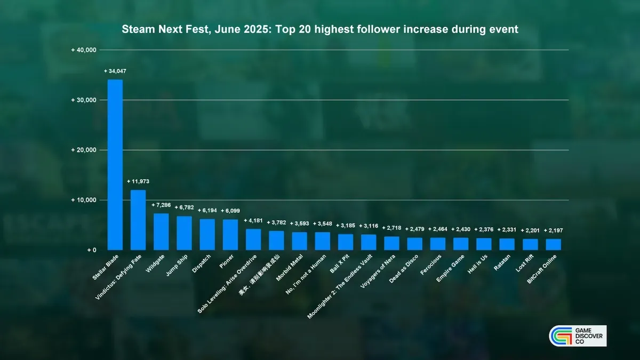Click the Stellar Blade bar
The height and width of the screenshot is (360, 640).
(115, 164)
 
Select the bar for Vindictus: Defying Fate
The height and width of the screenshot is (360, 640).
(138, 220)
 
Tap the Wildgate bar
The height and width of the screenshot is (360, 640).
(161, 231)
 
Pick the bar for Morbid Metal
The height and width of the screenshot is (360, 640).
(299, 241)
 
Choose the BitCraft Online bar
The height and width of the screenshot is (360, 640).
(553, 244)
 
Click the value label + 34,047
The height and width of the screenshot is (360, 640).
(115, 71)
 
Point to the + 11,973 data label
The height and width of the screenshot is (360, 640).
(138, 181)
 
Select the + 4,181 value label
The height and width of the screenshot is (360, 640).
(253, 220)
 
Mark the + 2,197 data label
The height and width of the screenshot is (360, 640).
(553, 230)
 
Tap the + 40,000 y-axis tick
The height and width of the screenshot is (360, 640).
(84, 50)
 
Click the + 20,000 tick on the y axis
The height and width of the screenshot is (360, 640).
(84, 150)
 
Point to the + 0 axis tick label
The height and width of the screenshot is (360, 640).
(90, 250)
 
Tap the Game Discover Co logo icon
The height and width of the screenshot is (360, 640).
(560, 336)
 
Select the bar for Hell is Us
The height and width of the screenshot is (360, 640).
(484, 244)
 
